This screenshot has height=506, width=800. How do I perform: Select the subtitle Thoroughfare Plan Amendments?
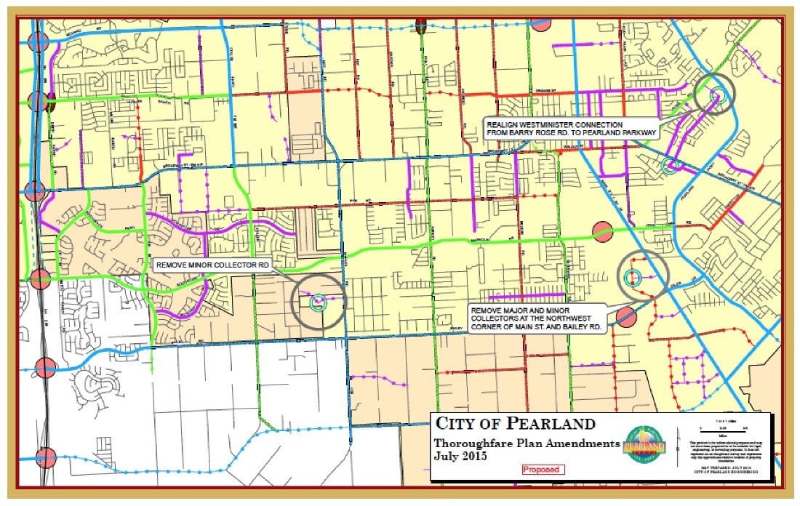click(x=527, y=443)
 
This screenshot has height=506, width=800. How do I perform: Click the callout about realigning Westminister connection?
click(x=572, y=129)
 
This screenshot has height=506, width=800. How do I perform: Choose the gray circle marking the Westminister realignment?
click(x=714, y=95)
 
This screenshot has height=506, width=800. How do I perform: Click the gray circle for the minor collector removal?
click(x=318, y=301)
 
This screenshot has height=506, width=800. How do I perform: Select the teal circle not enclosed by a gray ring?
click(x=671, y=165)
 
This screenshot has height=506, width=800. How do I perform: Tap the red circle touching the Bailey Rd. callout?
click(x=625, y=316)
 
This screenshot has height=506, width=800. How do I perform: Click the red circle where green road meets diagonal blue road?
click(x=603, y=231)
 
